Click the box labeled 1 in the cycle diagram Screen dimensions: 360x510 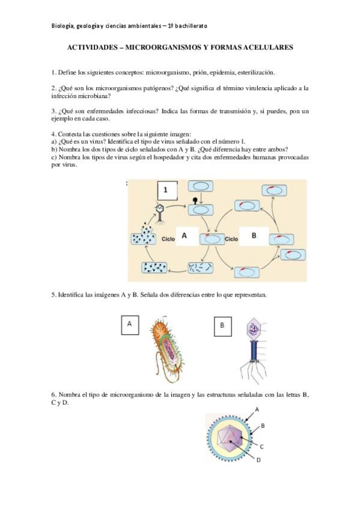pyautogui.click(x=167, y=191)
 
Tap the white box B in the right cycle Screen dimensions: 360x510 pyautogui.click(x=254, y=236)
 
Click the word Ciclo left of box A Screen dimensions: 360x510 pyautogui.click(x=168, y=239)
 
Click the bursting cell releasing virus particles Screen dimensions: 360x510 pyautogui.click(x=143, y=235)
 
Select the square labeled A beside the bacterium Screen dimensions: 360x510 pyautogui.click(x=130, y=325)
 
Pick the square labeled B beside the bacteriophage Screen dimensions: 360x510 pyautogui.click(x=223, y=327)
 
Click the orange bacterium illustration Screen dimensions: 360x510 pyautogui.click(x=166, y=348)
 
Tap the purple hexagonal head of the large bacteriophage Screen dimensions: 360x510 pyautogui.click(x=254, y=330)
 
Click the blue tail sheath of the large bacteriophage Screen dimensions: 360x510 pyautogui.click(x=254, y=350)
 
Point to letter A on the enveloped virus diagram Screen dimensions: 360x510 pyautogui.click(x=257, y=410)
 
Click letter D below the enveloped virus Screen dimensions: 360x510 pyautogui.click(x=258, y=460)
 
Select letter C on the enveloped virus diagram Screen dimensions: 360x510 pyautogui.click(x=262, y=447)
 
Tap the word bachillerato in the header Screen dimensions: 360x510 pyautogui.click(x=191, y=26)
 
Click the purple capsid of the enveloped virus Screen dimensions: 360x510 pyautogui.click(x=230, y=437)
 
